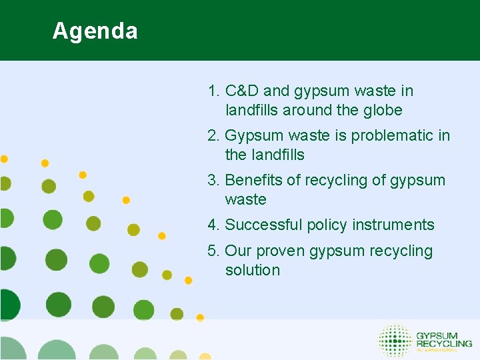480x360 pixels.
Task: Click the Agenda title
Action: [x=95, y=31]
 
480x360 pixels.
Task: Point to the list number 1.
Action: [x=213, y=91]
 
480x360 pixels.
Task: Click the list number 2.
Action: [x=213, y=136]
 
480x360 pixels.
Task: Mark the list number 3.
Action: [x=213, y=181]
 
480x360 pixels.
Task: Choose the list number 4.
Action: [x=213, y=225]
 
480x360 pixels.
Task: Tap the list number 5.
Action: [x=213, y=251]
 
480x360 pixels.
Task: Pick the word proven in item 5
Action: [x=282, y=251]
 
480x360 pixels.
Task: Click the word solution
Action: [x=252, y=271]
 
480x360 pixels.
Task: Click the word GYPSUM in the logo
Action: [x=437, y=335]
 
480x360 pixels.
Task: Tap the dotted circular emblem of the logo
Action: [x=395, y=340]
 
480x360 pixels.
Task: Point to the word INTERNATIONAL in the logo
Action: [x=437, y=350]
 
